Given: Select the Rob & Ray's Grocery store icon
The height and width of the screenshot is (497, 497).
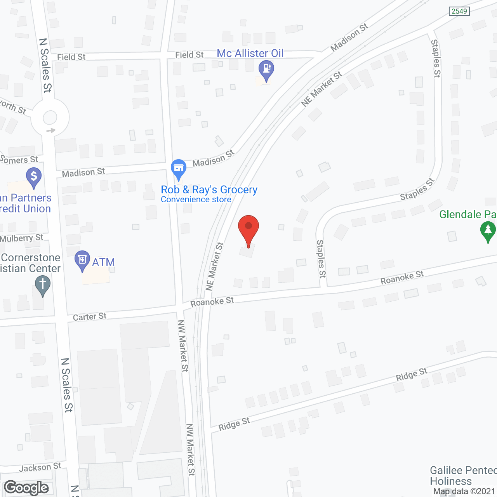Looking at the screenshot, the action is [179, 168].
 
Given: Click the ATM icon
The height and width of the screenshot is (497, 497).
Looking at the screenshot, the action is [82, 259].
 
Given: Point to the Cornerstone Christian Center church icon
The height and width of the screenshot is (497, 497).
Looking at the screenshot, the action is [43, 284].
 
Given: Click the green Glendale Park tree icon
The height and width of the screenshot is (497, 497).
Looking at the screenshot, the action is [488, 230].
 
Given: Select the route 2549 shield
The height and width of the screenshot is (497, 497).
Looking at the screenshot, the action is [459, 11].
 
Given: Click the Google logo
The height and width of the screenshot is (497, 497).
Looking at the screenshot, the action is [26, 488].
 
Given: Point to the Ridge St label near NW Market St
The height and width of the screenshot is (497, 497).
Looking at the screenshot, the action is [234, 424].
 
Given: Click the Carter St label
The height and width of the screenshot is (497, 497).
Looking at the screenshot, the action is [90, 317].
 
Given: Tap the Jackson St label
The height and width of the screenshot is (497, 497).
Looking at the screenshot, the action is [40, 467].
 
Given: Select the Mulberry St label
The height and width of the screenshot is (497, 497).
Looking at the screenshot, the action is [22, 238].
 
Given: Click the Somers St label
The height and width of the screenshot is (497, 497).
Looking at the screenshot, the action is [19, 160].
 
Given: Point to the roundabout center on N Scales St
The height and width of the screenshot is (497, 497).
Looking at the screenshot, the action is [50, 117].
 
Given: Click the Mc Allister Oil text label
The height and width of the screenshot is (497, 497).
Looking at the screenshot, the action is [250, 53].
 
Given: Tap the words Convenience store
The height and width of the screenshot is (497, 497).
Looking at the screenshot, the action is [196, 200].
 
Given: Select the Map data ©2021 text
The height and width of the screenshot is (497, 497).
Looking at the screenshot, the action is [465, 491].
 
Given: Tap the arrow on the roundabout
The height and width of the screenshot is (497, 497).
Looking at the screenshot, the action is [51, 130].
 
